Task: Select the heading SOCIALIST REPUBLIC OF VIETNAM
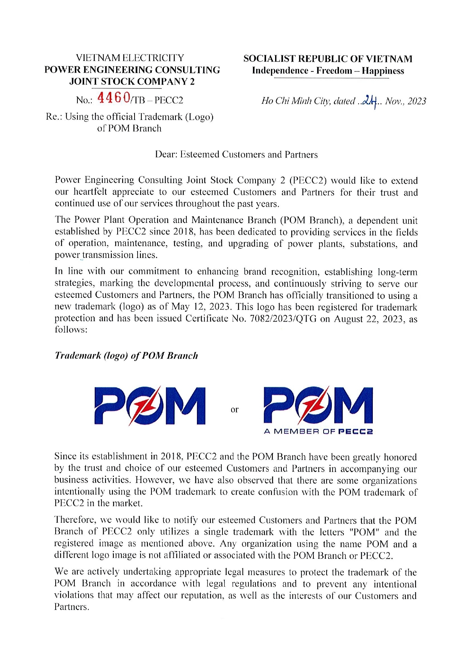click(328, 59)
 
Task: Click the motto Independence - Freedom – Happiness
click(328, 71)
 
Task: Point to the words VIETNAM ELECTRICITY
click(130, 58)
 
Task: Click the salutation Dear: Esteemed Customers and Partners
click(236, 155)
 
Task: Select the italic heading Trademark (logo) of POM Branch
click(126, 355)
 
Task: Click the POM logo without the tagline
click(150, 405)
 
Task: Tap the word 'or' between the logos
click(235, 409)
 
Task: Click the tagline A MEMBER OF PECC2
click(318, 431)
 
